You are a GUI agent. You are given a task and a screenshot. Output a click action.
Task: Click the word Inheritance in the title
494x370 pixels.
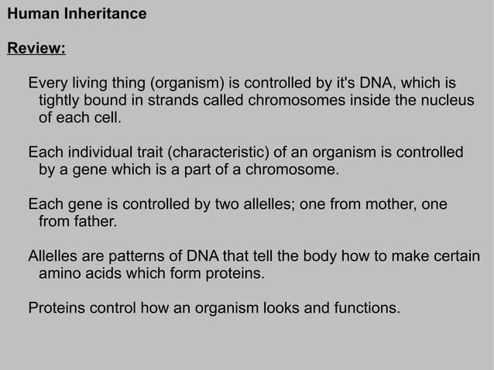pos(108,14)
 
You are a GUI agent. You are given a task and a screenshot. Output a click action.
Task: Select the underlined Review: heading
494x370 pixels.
pos(36,50)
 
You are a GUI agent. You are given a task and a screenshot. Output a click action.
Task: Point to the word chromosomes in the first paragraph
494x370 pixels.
pos(290,101)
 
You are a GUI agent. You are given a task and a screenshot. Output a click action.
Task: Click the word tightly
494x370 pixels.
pos(60,101)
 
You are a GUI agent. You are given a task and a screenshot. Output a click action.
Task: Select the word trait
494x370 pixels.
pos(163,152)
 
